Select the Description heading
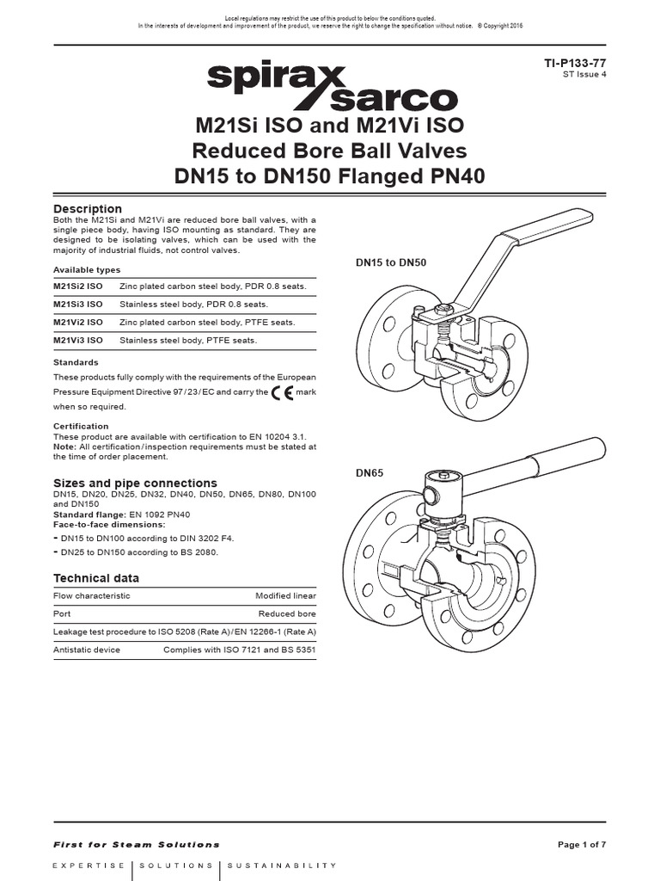[88, 208]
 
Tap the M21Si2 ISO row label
[78, 284]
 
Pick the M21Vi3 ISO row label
[78, 341]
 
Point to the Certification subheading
[81, 426]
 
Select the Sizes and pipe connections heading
[135, 483]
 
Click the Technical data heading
[96, 577]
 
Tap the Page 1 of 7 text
[582, 844]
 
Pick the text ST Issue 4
[584, 76]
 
